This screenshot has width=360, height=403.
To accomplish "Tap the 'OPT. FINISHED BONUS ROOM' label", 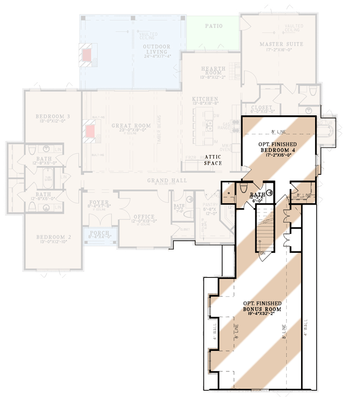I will pos(262,306).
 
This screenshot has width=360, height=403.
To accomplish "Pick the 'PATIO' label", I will pos(214,26).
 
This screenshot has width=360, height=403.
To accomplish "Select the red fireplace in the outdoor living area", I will pos(87,54).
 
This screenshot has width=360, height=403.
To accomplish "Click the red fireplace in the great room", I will pos(90,132).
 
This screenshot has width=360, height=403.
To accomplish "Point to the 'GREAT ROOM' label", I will pos(131,126).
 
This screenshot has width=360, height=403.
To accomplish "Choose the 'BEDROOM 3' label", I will pos(53,117).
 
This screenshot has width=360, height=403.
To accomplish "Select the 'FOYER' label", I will pos(99,202).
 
